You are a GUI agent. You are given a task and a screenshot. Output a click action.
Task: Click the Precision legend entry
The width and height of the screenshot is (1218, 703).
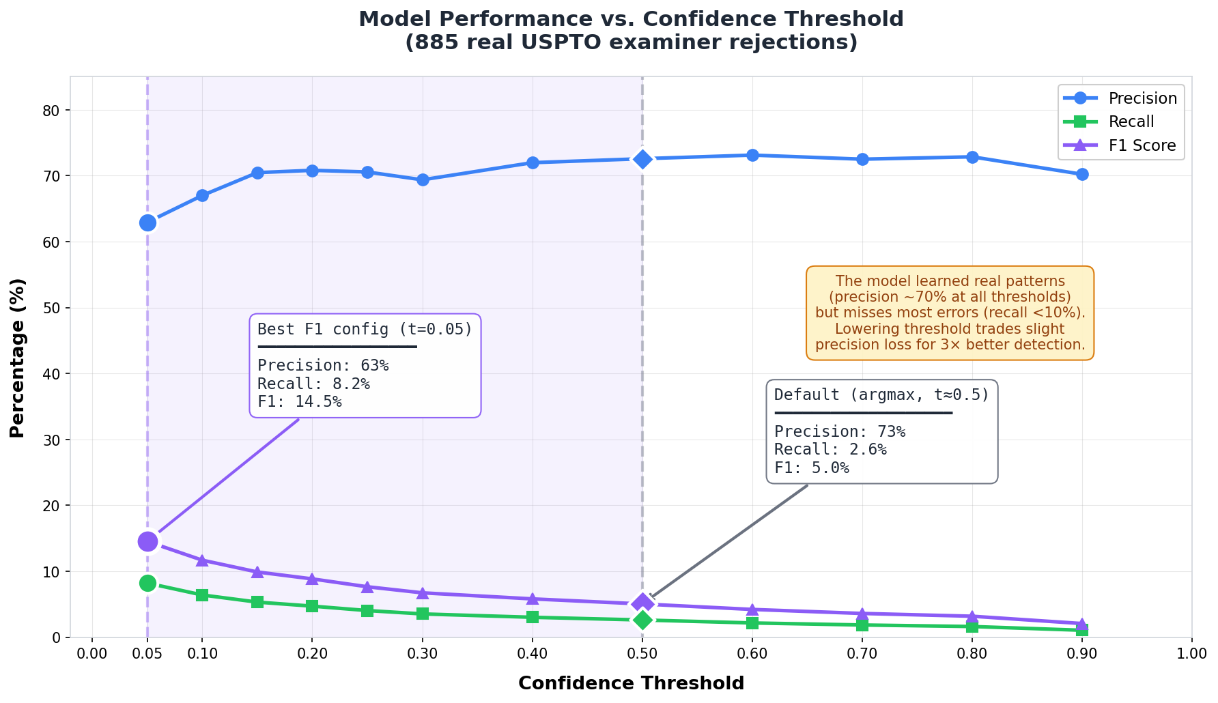[1142, 98]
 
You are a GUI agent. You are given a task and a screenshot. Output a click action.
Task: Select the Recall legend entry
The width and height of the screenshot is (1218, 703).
[1131, 122]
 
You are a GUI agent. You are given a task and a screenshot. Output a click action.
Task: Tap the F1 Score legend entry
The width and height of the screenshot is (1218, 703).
[1142, 145]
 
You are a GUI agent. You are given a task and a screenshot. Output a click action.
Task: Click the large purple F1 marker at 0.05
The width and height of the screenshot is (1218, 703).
[147, 541]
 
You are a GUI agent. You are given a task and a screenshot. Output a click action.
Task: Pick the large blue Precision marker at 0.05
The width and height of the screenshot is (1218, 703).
[147, 223]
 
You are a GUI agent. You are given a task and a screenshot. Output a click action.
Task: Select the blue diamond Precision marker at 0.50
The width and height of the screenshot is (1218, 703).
[642, 159]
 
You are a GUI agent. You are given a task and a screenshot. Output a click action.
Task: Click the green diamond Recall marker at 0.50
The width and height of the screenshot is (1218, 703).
[642, 620]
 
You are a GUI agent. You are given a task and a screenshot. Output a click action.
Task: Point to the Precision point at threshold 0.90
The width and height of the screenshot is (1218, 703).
[1081, 175]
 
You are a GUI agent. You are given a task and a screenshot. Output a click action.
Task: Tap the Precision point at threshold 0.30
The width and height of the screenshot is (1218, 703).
[423, 180]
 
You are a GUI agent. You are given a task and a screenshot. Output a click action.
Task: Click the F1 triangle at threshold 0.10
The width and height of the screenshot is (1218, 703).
[202, 560]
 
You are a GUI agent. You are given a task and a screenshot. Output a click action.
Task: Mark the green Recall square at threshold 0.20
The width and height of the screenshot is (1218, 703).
[312, 606]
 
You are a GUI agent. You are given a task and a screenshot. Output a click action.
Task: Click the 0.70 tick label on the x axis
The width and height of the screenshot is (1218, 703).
[862, 655]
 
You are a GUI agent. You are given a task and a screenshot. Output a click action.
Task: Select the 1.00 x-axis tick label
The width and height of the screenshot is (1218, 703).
[1191, 655]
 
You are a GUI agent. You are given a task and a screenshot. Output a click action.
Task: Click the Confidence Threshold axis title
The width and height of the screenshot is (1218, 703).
[631, 683]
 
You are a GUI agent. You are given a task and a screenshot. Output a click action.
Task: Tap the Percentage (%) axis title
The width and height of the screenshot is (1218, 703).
[18, 358]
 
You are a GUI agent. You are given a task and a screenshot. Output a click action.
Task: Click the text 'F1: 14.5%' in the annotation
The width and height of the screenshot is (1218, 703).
[299, 401]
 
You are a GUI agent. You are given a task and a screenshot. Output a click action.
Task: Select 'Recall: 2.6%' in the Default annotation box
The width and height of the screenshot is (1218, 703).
[830, 450]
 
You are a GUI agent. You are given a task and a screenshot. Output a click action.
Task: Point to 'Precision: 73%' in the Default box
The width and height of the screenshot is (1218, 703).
[840, 431]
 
